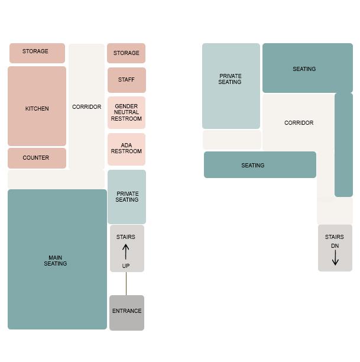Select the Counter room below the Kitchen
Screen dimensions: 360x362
[x=37, y=158]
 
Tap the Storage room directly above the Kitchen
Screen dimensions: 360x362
[x=37, y=53]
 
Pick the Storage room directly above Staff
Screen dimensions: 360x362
[x=126, y=53]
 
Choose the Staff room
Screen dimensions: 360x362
[x=126, y=80]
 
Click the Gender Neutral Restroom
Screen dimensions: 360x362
[x=126, y=112]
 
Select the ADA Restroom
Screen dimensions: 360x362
[x=126, y=148]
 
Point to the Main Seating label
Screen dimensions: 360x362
[x=56, y=261]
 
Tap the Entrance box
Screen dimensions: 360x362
[x=127, y=312]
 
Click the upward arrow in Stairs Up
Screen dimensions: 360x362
[x=126, y=251]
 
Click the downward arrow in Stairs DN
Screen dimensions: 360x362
[x=335, y=257]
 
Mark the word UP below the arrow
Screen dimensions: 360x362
[x=126, y=266]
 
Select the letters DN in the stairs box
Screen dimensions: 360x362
[x=335, y=246]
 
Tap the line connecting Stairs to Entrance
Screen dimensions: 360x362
[x=126, y=283]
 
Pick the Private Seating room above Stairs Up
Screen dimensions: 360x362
[x=127, y=196]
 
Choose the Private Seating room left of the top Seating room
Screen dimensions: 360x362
[x=231, y=86]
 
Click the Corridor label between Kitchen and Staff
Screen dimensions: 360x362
[x=86, y=107]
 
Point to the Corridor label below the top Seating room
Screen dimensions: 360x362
[x=299, y=123]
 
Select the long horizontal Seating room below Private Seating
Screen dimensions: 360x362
[x=260, y=165]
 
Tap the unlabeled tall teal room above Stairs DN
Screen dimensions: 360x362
[x=343, y=144]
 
